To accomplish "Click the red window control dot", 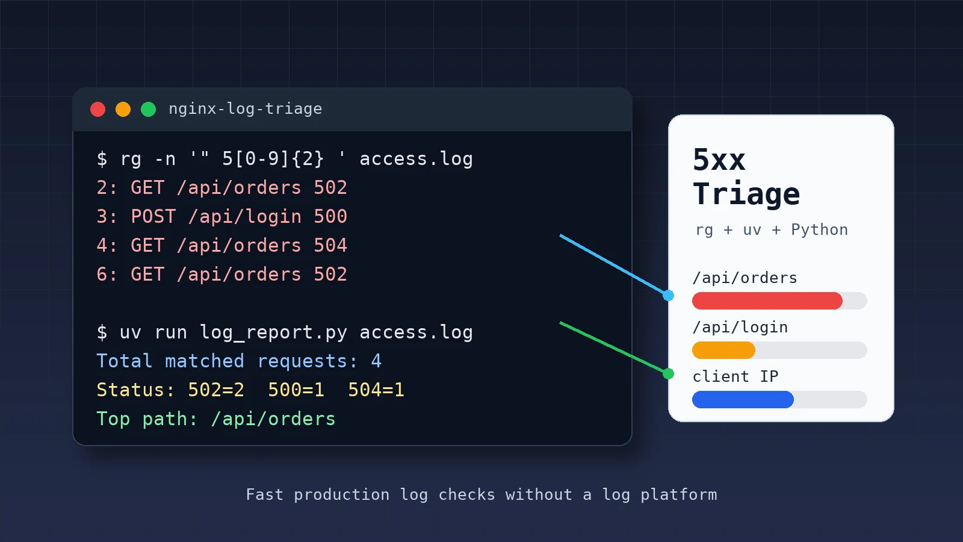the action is click(x=98, y=109).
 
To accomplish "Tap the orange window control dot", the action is click(x=123, y=109).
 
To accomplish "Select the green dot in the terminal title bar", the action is click(x=148, y=109).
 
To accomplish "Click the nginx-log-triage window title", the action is click(x=245, y=109).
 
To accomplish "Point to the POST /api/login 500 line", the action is click(x=221, y=216).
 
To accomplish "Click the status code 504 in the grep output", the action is click(x=330, y=245).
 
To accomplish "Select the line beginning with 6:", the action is click(x=221, y=274).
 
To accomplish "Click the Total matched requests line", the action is click(x=238, y=361).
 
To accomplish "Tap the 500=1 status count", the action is click(x=296, y=390).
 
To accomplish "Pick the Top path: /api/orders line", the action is click(x=216, y=419).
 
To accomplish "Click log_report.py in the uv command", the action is click(x=273, y=332).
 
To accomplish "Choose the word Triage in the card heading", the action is click(x=746, y=194).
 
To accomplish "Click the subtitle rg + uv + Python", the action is click(x=772, y=229).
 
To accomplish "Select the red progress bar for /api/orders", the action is click(x=767, y=301).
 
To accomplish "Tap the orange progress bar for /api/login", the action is click(x=723, y=350).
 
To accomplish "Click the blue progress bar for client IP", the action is click(x=743, y=400).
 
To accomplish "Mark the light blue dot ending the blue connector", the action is click(x=668, y=296).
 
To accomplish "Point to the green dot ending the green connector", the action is click(x=668, y=374).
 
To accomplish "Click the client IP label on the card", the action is click(x=735, y=376).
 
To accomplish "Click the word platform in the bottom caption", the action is click(x=679, y=494).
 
